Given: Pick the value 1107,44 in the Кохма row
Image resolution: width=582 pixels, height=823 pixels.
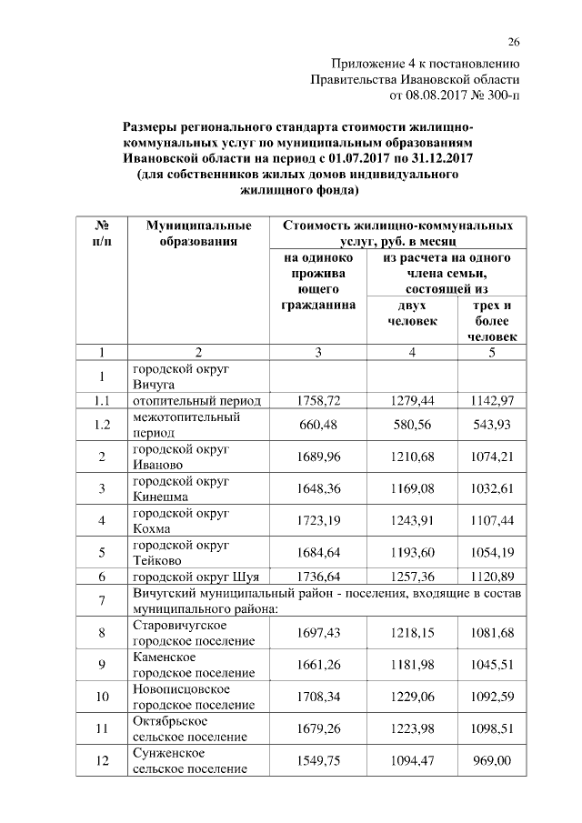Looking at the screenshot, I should point(491,521).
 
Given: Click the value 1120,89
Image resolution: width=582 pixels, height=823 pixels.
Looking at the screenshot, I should point(491,577).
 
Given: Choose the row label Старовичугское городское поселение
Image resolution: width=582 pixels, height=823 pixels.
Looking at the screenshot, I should point(193,633).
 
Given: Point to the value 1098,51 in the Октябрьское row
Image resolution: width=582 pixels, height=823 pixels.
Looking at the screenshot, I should point(491,728).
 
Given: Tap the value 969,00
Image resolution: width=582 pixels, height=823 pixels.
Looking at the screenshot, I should point(491,760).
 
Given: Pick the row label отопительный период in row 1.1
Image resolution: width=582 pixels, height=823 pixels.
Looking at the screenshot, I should point(197,400).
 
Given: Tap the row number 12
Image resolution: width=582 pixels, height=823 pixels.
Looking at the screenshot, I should point(103,760).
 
